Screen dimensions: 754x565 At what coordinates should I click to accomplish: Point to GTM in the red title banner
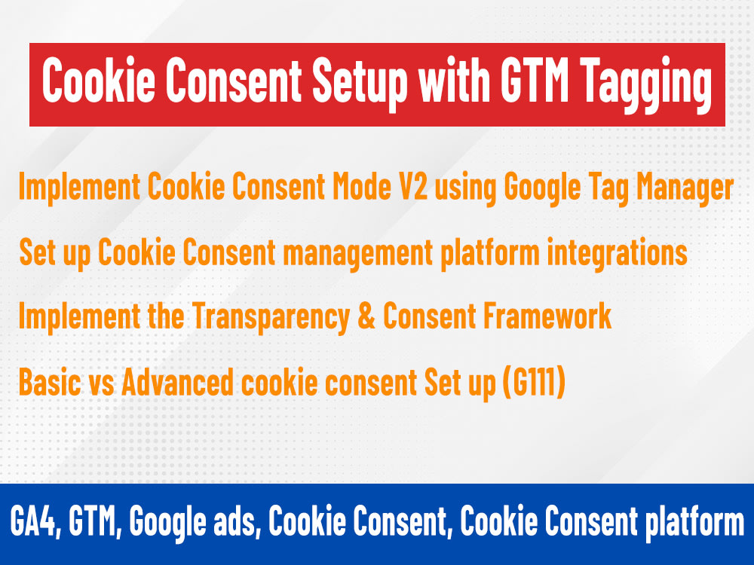coord(535,80)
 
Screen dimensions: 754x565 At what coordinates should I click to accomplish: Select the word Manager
coord(685,189)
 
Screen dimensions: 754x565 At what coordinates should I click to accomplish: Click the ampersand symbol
coord(366,316)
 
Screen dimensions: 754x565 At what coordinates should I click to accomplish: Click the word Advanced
coord(177,383)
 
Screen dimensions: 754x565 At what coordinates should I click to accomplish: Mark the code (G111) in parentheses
coord(534,383)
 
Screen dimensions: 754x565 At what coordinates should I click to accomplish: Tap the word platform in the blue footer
coord(694,524)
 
